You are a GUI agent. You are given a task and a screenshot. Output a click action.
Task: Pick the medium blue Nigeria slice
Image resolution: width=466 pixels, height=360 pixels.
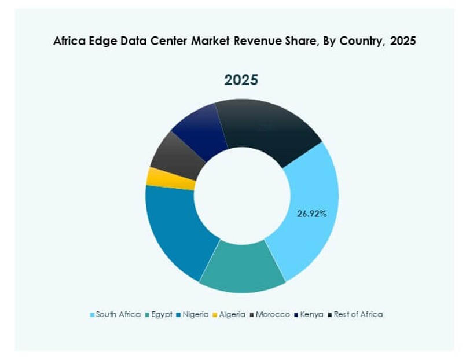point(174,232)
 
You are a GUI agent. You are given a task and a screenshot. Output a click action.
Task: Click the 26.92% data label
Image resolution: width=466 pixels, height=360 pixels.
point(312,214)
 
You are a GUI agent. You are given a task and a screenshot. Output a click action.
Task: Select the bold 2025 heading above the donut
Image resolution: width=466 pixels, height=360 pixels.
point(241,80)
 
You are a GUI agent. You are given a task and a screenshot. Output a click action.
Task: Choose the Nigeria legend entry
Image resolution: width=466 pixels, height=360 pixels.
point(195,314)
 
